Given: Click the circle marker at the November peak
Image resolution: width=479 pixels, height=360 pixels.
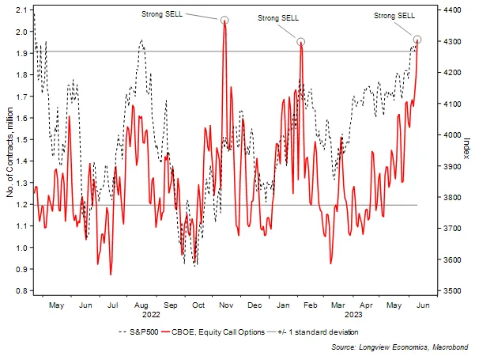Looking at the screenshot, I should [224, 21].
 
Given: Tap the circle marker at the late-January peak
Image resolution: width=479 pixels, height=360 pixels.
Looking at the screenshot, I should [301, 42].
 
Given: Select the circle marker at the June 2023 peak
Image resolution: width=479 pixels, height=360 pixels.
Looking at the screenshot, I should [417, 40].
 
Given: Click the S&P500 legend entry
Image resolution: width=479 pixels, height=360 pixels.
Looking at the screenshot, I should [139, 332].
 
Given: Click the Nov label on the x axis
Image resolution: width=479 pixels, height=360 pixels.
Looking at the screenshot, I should [225, 304].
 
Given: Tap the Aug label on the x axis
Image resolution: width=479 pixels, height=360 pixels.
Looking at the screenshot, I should [142, 304].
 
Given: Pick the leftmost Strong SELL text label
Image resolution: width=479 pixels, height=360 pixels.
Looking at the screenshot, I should [162, 13].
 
